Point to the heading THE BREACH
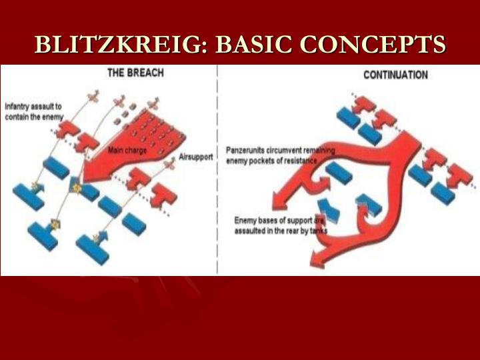click(x=135, y=72)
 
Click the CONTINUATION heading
click(x=395, y=75)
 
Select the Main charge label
click(x=127, y=151)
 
